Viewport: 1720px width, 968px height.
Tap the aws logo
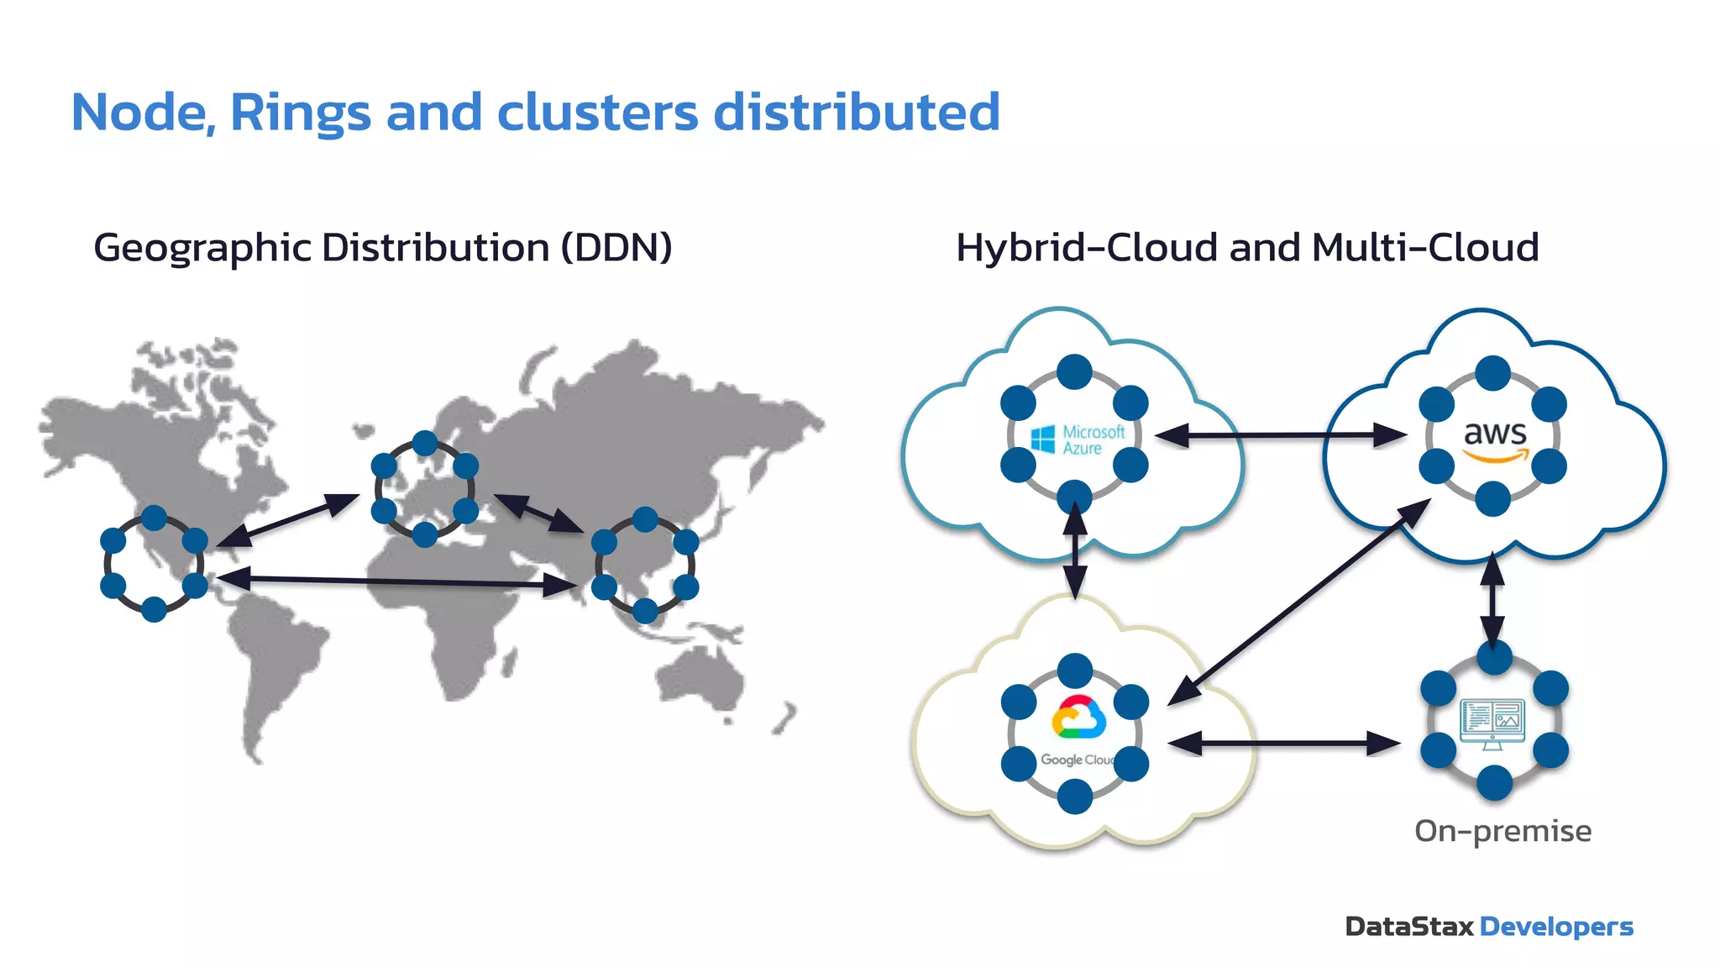[1495, 439]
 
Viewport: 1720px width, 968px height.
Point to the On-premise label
[1502, 831]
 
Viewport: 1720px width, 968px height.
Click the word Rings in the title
[300, 113]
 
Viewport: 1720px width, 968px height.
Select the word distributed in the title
[856, 113]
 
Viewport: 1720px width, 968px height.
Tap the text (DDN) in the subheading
[616, 248]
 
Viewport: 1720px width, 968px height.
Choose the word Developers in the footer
[1556, 927]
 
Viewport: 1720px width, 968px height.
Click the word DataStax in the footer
[1409, 927]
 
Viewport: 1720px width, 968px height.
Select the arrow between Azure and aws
[1281, 435]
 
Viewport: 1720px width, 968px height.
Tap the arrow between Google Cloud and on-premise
[1284, 744]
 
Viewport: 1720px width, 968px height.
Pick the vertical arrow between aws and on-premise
[1492, 600]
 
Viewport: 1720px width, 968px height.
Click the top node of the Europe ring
[425, 443]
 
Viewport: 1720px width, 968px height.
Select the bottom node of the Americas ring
[154, 609]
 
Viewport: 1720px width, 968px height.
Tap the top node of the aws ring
[1492, 373]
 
